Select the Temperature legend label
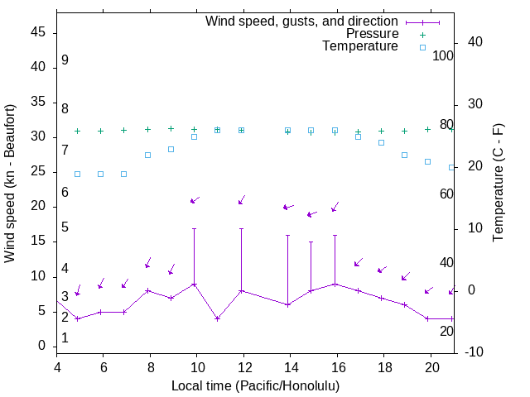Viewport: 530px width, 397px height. [x=360, y=46]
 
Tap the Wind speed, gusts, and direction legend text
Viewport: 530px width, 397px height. [x=301, y=21]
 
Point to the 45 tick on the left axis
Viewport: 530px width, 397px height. [x=38, y=32]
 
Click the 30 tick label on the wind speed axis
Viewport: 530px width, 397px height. [x=38, y=136]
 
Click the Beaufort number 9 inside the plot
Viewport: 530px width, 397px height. [x=65, y=60]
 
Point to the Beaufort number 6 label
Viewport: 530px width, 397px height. [x=65, y=192]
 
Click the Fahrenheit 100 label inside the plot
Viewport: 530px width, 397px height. [x=443, y=55]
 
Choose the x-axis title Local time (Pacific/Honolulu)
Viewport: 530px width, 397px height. [x=255, y=385]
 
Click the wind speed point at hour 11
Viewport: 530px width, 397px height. [x=217, y=318]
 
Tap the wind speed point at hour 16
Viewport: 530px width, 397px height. [x=335, y=284]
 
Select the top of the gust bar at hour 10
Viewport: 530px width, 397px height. [x=195, y=228]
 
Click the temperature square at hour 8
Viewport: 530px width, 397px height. [x=147, y=155]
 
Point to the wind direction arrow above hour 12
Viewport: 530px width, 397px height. [x=242, y=199]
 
